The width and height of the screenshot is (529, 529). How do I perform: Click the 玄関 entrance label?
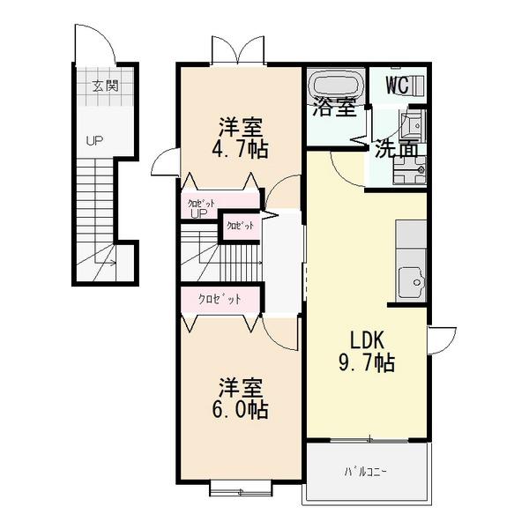[x=104, y=86]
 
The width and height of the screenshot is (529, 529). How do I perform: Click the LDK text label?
[x=366, y=339]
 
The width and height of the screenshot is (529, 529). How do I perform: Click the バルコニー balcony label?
[x=365, y=472]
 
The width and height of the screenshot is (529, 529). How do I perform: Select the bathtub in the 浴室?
[x=334, y=86]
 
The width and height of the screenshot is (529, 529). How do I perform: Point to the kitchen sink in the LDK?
[x=411, y=282]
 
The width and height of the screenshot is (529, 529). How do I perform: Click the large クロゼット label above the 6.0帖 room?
[x=220, y=300]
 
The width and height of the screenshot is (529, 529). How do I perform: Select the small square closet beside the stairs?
[x=240, y=226]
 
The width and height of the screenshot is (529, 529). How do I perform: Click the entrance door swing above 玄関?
[x=92, y=45]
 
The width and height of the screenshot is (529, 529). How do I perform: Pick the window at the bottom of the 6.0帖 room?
[x=239, y=485]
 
